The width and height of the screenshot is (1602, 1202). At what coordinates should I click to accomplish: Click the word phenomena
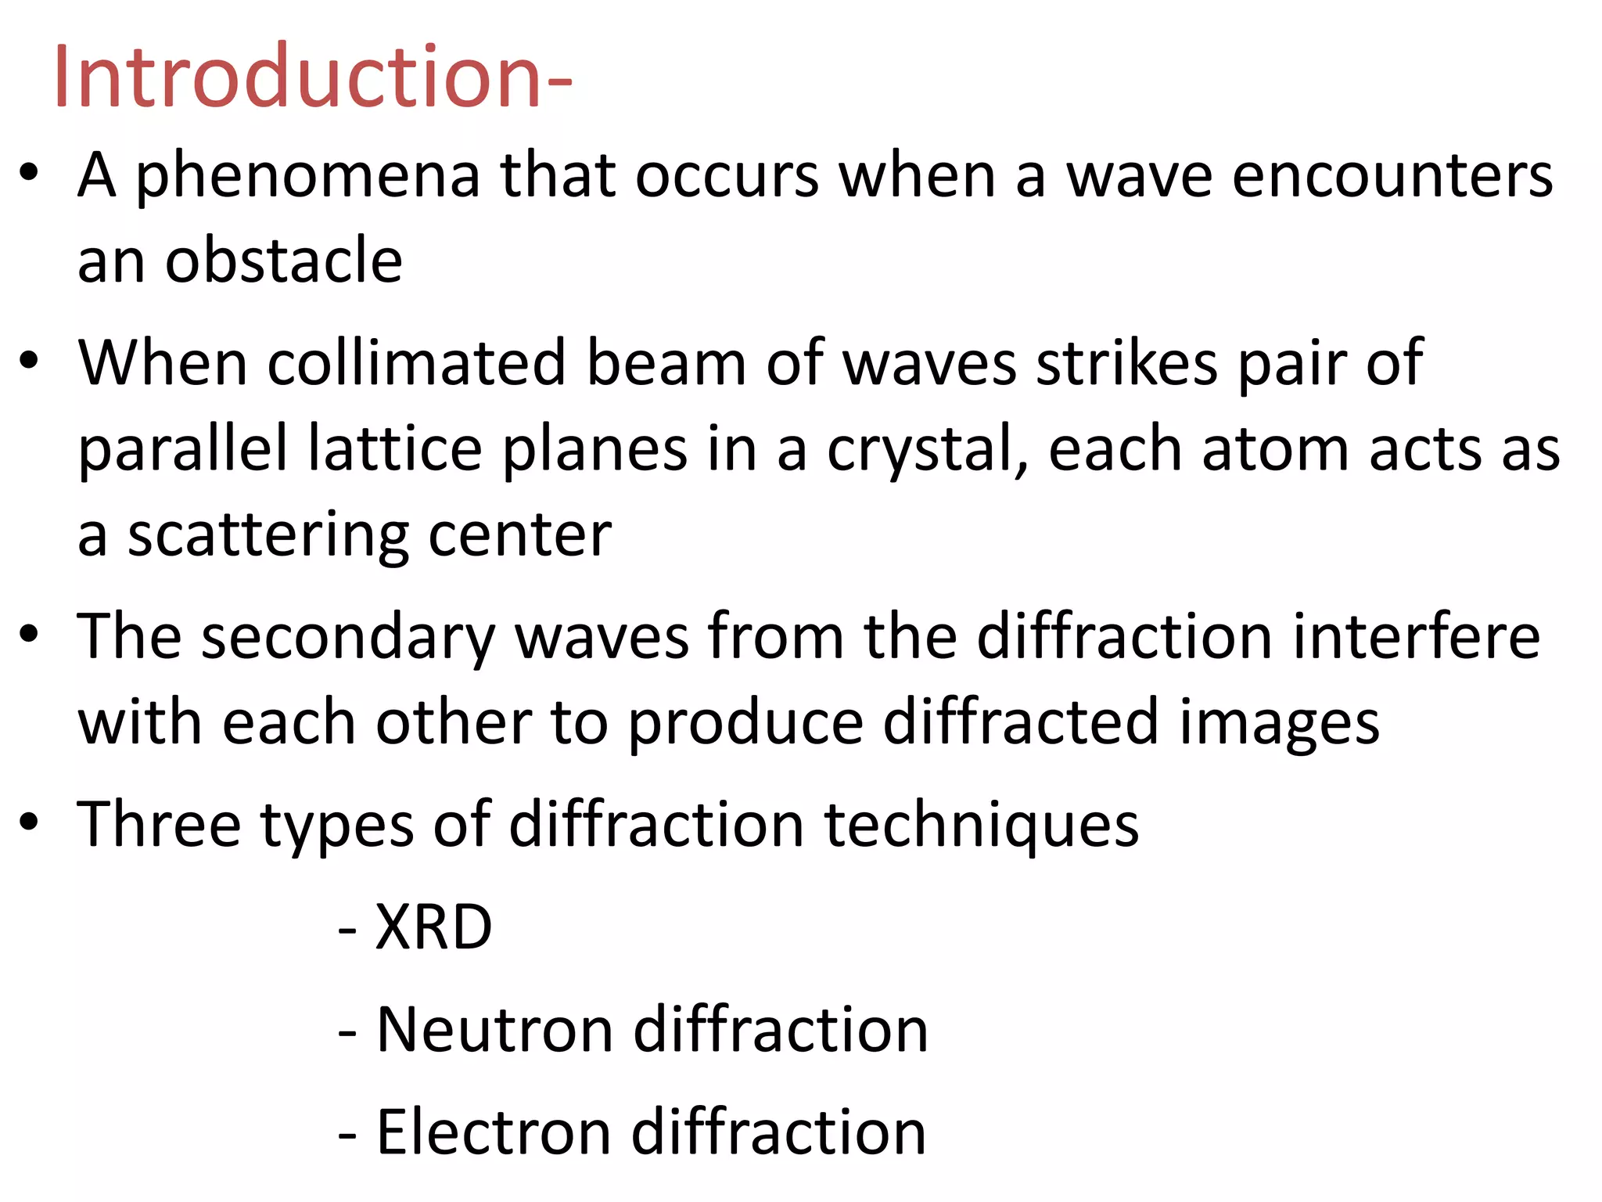(x=307, y=176)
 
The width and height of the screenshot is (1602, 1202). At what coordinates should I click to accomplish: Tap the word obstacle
(x=283, y=261)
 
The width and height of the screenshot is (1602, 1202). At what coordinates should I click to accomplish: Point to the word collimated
(x=416, y=363)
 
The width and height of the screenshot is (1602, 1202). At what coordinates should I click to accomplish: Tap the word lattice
(x=395, y=449)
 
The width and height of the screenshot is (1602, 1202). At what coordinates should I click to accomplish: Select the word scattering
(x=268, y=536)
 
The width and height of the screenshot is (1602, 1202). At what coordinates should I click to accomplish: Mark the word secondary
(x=348, y=638)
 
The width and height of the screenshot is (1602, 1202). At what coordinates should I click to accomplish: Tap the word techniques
(x=982, y=825)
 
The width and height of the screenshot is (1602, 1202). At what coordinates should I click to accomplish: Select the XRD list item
(x=433, y=927)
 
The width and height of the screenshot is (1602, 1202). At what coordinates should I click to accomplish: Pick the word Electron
(x=493, y=1132)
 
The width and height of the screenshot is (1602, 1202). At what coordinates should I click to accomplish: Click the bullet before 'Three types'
(x=30, y=822)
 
